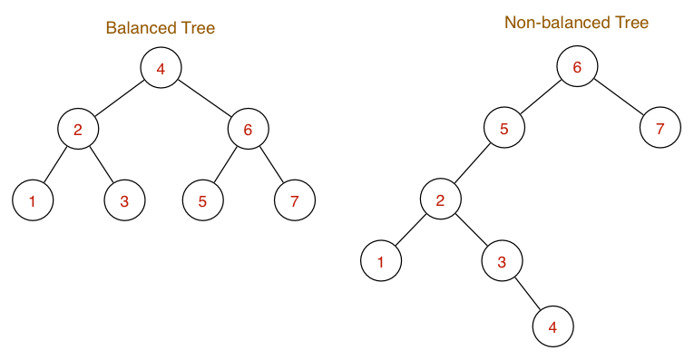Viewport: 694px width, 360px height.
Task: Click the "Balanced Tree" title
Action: click(x=160, y=28)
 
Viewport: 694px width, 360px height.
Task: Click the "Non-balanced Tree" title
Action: click(x=576, y=23)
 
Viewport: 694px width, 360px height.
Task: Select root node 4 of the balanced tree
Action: click(x=161, y=68)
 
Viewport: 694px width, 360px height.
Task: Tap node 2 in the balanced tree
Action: click(x=78, y=129)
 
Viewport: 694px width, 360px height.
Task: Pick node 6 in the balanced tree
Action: click(x=247, y=129)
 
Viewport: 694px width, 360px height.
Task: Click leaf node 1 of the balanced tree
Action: click(x=33, y=200)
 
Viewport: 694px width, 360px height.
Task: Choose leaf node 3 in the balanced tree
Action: click(x=124, y=200)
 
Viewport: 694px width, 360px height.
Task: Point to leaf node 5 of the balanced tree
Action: click(x=202, y=200)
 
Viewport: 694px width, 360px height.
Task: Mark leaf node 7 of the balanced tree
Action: click(x=294, y=200)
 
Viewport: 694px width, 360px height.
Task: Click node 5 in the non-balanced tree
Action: click(x=503, y=129)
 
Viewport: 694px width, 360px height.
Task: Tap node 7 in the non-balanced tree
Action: click(x=660, y=129)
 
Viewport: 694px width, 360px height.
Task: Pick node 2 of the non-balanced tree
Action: click(x=440, y=199)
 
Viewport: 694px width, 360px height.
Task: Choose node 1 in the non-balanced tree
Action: click(x=381, y=261)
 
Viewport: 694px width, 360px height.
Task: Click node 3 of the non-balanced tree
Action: click(x=502, y=261)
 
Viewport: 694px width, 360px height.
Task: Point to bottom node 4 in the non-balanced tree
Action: click(x=552, y=326)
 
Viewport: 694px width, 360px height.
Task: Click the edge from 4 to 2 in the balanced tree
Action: click(x=119, y=98)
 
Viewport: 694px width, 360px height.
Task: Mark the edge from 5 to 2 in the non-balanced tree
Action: click(x=472, y=164)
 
